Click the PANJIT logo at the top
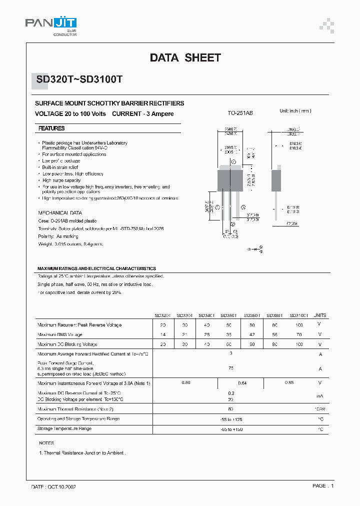(x=51, y=24)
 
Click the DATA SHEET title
(x=185, y=58)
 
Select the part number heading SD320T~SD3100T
(x=82, y=79)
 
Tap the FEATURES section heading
(x=51, y=128)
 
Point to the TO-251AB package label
(x=240, y=113)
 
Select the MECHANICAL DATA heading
(x=60, y=212)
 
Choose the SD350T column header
(x=229, y=315)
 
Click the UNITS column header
(x=319, y=315)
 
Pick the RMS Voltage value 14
(x=163, y=334)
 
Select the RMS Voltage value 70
(x=298, y=334)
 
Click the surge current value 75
(x=230, y=368)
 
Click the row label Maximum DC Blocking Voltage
(x=67, y=344)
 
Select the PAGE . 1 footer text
(x=323, y=486)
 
